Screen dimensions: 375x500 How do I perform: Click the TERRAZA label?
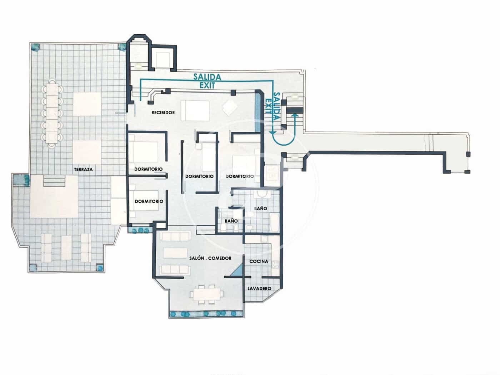83,170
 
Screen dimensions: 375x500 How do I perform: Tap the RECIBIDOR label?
163,112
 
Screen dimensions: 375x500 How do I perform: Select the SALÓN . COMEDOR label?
210,258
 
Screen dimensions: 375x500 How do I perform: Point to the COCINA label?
259,261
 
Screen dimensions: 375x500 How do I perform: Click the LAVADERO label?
259,289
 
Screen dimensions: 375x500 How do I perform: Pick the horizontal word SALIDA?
207,77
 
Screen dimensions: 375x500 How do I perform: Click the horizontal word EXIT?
207,86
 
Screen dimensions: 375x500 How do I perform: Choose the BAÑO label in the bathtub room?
261,208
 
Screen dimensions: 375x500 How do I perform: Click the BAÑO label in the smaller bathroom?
231,221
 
